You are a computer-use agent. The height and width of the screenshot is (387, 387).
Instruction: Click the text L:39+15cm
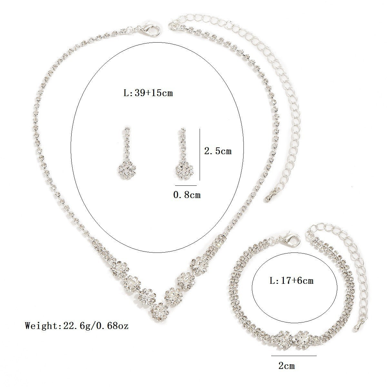(x=148, y=93)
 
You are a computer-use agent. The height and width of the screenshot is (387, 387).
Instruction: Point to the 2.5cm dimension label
(x=218, y=151)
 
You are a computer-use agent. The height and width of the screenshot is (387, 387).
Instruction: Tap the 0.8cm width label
(x=187, y=194)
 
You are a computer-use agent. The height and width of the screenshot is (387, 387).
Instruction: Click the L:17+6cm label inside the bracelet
(x=292, y=281)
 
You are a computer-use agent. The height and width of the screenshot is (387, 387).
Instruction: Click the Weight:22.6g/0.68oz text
(x=77, y=326)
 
